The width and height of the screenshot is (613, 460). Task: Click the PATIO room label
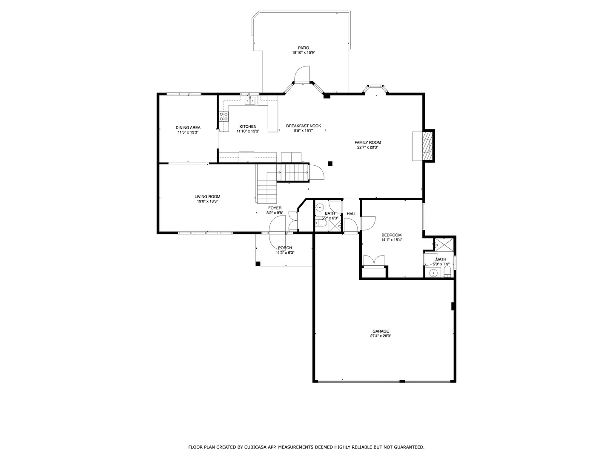303,48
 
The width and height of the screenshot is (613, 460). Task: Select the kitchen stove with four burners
223,115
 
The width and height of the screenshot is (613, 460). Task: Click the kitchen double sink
250,101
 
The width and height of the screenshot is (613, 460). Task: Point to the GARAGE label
381,331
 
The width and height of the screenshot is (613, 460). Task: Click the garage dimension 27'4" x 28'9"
381,336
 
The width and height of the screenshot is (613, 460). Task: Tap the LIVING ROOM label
207,196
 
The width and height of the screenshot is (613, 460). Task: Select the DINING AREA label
188,127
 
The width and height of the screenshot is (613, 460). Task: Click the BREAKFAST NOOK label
304,126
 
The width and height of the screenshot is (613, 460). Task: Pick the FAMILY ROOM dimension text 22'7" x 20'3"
368,147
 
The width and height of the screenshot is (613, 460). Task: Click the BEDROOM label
391,235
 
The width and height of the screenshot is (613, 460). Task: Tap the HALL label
352,214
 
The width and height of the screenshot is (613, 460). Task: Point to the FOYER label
275,208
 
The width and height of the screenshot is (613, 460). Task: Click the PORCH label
285,248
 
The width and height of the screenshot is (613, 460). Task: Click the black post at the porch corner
258,264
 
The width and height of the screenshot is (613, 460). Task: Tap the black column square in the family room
330,163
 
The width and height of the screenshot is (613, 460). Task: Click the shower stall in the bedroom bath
444,244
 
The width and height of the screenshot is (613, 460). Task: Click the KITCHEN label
248,126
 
